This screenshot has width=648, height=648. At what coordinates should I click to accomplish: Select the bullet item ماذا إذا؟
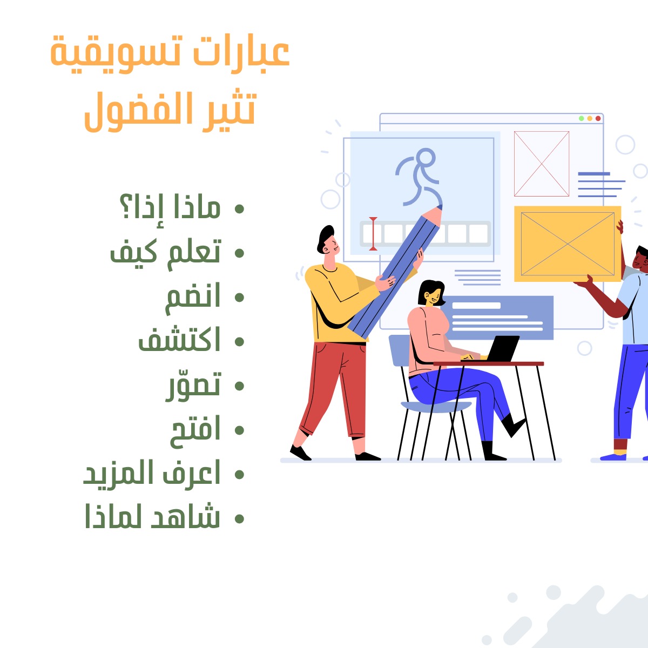click(170, 208)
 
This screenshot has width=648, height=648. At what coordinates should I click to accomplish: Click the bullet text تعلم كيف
click(165, 252)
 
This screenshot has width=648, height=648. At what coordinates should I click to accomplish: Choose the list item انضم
click(193, 297)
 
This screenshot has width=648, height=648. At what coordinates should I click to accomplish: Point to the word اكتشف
click(179, 341)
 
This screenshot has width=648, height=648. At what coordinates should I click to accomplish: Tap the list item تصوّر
click(193, 385)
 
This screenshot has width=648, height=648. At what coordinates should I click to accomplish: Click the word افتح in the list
click(195, 430)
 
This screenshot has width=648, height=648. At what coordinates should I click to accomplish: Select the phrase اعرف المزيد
click(152, 474)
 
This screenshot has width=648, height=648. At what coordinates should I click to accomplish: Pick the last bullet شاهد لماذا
click(152, 517)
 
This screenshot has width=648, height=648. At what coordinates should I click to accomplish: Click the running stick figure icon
click(419, 177)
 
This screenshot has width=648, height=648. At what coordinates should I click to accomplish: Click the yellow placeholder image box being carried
click(567, 244)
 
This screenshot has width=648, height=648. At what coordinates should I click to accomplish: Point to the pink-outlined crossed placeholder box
click(541, 164)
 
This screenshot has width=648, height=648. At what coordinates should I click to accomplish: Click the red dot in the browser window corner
click(598, 118)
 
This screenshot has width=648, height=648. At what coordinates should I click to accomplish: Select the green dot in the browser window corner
click(582, 118)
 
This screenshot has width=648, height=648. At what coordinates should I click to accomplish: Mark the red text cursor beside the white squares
click(373, 234)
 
